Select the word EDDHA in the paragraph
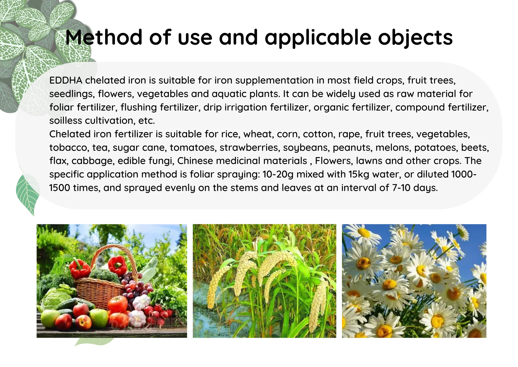66,80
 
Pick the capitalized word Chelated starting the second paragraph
70,134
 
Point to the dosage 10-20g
278,174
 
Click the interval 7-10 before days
401,188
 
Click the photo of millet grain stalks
264,281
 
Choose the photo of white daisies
414,281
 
